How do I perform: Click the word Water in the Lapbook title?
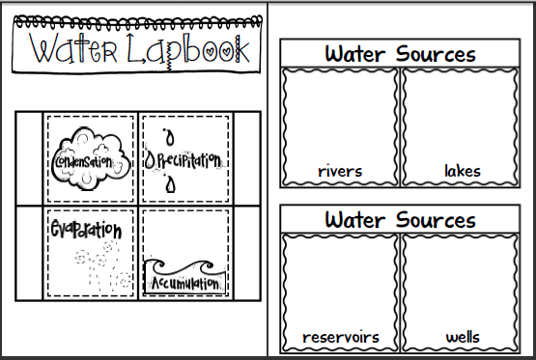(72, 48)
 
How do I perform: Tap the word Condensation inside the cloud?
(83, 162)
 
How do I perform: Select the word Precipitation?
(189, 160)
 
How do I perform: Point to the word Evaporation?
(86, 229)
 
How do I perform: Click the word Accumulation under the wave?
(184, 283)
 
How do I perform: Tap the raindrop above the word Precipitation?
(169, 137)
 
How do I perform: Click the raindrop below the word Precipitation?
(170, 184)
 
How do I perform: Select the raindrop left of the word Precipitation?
(150, 160)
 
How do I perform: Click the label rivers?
(340, 171)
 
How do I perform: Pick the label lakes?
(463, 171)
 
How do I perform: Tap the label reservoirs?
(341, 338)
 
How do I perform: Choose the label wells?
(463, 337)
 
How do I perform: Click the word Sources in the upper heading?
(436, 54)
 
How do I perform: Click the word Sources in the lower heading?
(436, 220)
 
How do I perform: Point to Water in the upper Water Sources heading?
(355, 54)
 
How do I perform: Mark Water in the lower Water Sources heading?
(355, 220)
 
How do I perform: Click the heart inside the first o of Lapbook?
(211, 52)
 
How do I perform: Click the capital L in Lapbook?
(136, 48)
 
